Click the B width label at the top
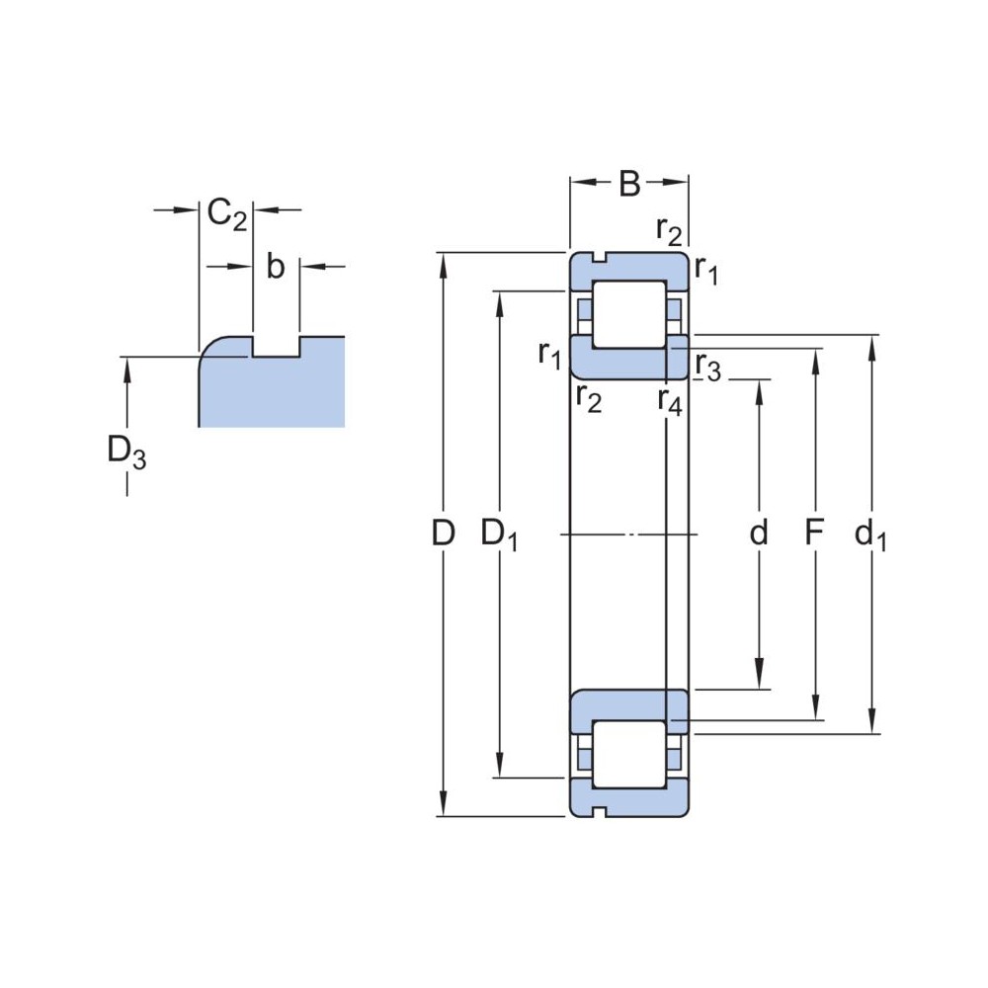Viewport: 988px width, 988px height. click(629, 183)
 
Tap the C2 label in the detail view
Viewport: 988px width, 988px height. click(227, 214)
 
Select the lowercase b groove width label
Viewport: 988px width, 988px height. click(276, 266)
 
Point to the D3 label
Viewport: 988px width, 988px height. click(126, 453)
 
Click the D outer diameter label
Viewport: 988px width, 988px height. click(444, 534)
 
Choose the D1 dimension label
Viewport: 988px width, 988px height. click(499, 535)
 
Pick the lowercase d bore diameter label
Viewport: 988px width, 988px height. click(759, 533)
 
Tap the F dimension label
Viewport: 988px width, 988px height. click(815, 534)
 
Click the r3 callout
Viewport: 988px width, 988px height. click(708, 368)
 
